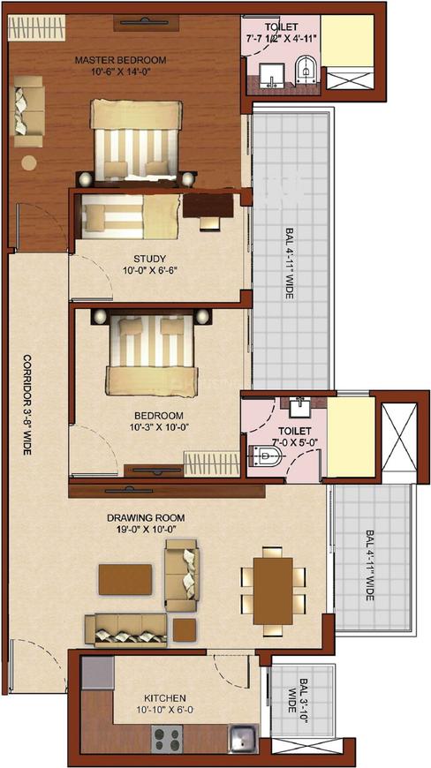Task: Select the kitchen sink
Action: [241, 735]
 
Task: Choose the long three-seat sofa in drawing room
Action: [125, 629]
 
